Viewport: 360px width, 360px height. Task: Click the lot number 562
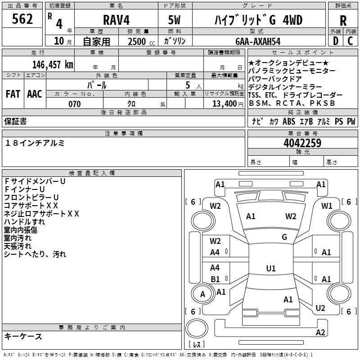[x=22, y=19]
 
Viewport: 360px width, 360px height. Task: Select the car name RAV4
[x=116, y=20]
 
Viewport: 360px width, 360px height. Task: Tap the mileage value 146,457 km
[x=53, y=64]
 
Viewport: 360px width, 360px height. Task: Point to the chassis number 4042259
[x=302, y=143]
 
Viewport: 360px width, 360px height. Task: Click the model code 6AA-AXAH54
[x=258, y=41]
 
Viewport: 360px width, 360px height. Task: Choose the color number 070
[x=75, y=104]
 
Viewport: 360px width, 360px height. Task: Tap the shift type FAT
[x=13, y=94]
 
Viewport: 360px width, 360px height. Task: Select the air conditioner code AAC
[x=35, y=94]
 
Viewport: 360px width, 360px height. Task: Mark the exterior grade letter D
[x=335, y=41]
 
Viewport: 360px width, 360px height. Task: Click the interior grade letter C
[x=350, y=41]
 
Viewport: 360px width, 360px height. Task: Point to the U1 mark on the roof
[x=271, y=268]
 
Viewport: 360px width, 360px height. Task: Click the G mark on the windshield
[x=284, y=237]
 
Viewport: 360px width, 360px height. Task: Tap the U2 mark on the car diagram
[x=320, y=308]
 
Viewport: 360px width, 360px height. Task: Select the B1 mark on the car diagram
[x=215, y=279]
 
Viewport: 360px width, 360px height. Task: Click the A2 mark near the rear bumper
[x=320, y=332]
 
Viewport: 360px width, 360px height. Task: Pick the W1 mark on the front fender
[x=327, y=206]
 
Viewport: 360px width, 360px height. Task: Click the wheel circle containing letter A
[x=202, y=294]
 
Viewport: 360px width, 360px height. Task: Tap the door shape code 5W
[x=174, y=20]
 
